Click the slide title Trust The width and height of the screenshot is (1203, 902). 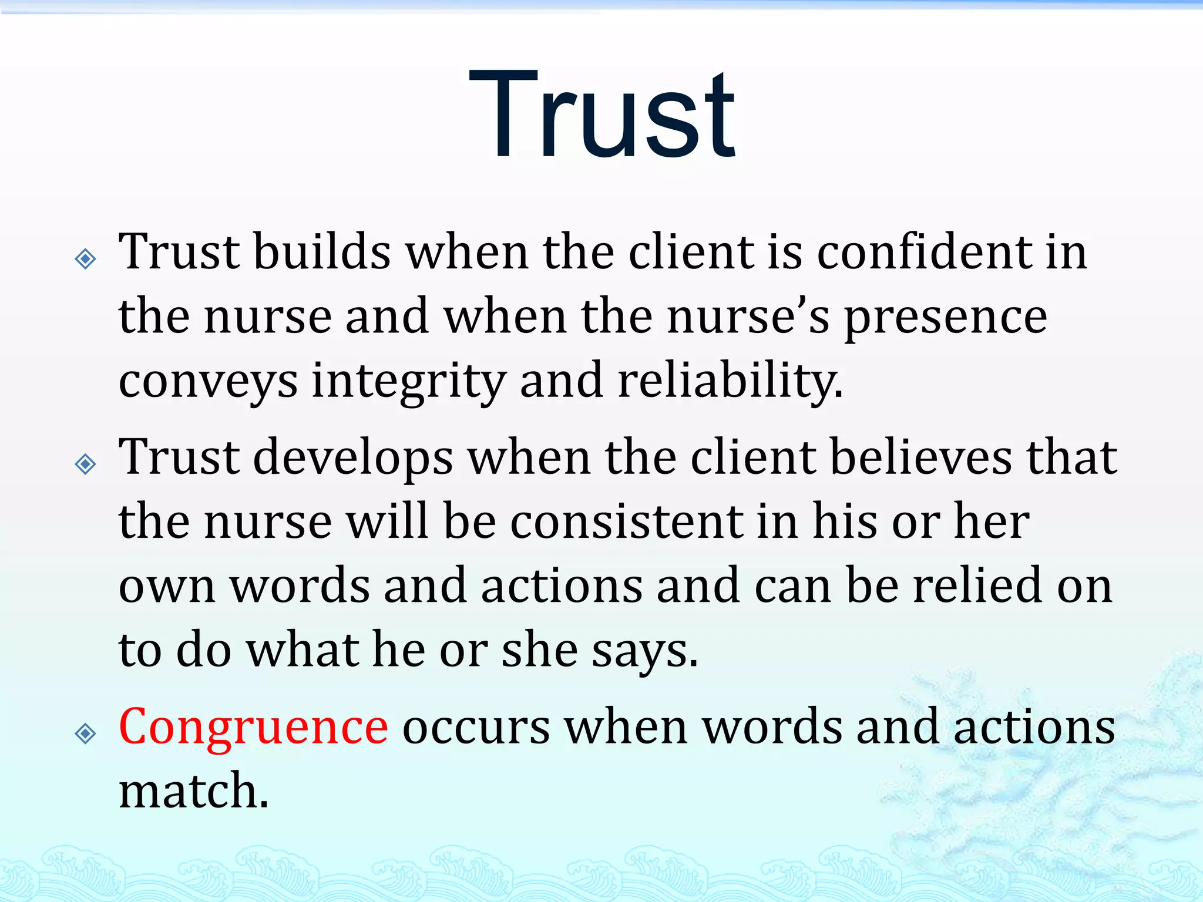click(x=601, y=115)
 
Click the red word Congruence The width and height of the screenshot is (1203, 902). click(x=253, y=728)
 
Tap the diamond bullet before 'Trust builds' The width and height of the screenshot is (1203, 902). click(x=86, y=258)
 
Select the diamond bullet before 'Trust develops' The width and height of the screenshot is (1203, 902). click(x=86, y=465)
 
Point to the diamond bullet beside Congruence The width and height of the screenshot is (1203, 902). click(x=86, y=733)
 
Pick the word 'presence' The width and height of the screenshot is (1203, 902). click(x=945, y=318)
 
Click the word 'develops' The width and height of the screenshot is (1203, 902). click(x=353, y=458)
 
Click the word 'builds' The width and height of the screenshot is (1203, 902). click(x=322, y=252)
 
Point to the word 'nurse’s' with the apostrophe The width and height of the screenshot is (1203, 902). click(x=748, y=317)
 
